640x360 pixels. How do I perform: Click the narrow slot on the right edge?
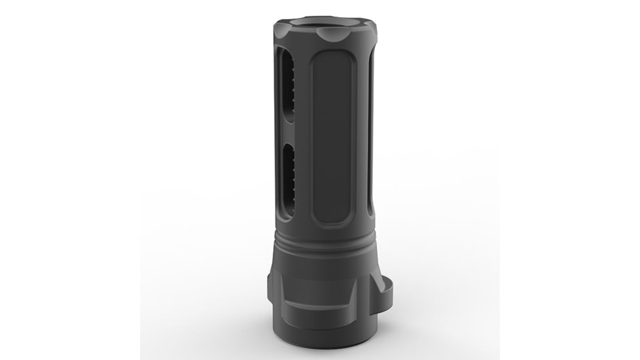pos(370,131)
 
